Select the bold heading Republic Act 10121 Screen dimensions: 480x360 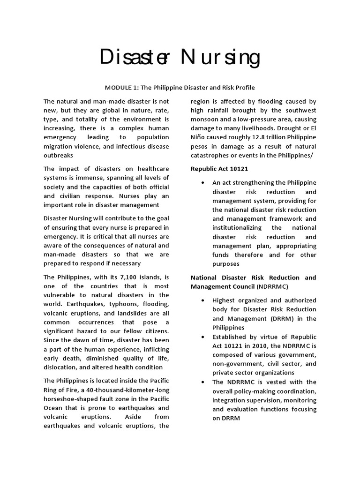point(219,168)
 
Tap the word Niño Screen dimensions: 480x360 point(200,137)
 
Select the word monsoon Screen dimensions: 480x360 point(206,119)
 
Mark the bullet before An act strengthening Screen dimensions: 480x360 point(202,182)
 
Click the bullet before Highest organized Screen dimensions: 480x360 point(202,300)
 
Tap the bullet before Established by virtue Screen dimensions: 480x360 point(202,337)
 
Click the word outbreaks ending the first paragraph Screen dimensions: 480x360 point(59,155)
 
